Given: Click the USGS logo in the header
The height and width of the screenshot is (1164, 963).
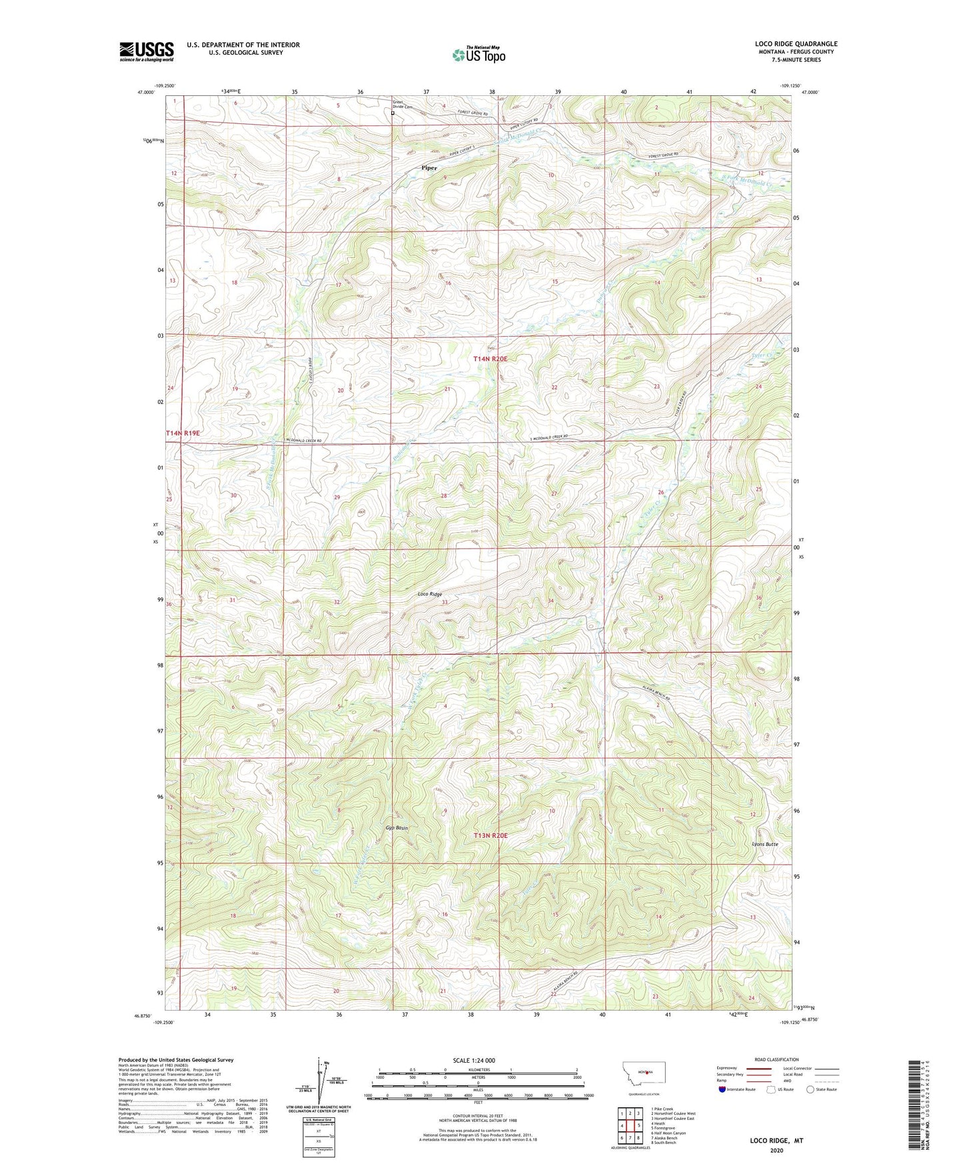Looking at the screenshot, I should pos(147,51).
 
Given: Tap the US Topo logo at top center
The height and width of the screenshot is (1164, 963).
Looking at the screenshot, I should pos(479,55).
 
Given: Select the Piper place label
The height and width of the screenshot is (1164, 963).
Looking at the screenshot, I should pos(430,168).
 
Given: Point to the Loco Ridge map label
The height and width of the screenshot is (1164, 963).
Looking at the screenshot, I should pos(430,594).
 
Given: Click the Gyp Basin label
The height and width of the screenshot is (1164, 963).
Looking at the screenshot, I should pos(397,828).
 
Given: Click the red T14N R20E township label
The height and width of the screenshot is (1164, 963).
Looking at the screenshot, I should pos(490,359).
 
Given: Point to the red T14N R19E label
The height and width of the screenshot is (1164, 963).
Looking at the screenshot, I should pos(183,433).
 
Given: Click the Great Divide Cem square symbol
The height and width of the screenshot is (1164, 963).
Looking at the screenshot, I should pos(393,113).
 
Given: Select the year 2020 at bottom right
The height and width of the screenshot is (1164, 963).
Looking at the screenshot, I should pos(776,1150).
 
